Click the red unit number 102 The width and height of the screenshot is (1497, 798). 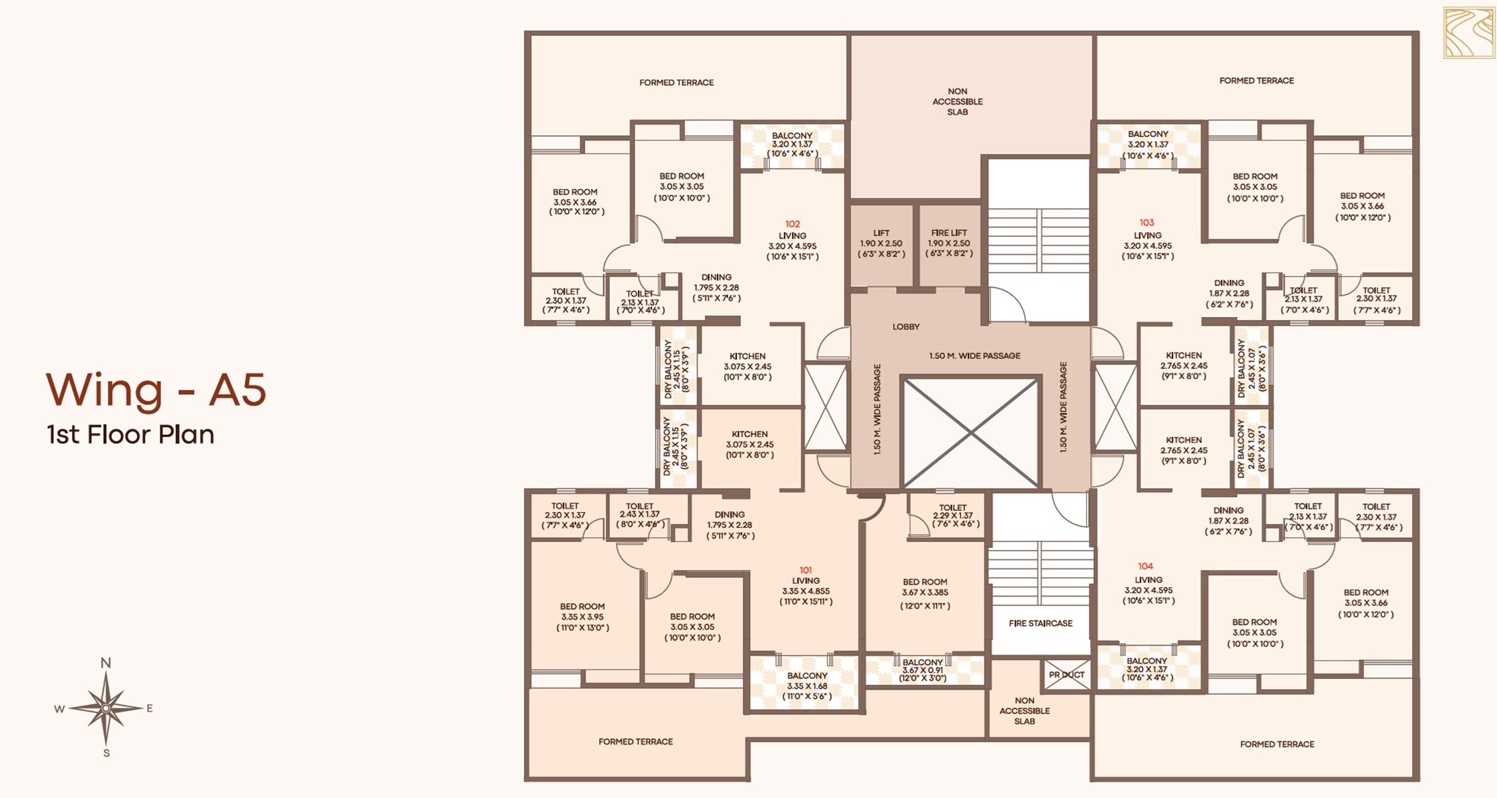pos(792,224)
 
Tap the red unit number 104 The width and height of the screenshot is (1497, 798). pos(1145,566)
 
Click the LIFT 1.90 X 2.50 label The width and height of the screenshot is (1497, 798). pos(881,243)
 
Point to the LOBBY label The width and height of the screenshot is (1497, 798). pos(906,327)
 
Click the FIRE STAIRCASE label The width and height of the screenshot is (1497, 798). pos(1040,623)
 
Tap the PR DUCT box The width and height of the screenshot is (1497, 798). pos(1067,674)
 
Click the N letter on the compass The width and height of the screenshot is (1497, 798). pos(106,662)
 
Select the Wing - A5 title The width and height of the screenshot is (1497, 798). pos(156,390)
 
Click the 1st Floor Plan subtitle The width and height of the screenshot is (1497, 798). pos(131,435)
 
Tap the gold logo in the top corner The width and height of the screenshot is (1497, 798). pos(1468,33)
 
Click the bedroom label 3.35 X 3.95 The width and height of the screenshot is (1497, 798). pos(582,616)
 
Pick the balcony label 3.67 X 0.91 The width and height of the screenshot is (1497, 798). pos(922,670)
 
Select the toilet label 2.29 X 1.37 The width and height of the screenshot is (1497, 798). pos(952,515)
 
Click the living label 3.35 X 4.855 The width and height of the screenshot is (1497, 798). pos(806,591)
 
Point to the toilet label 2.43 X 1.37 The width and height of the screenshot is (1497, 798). pos(639,515)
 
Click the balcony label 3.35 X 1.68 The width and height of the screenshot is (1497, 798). pos(807,686)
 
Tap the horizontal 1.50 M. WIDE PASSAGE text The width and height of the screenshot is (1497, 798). pos(974,356)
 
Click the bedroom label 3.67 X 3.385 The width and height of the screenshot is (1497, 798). pos(925,593)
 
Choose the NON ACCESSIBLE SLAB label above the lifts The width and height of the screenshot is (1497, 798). pos(957,102)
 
